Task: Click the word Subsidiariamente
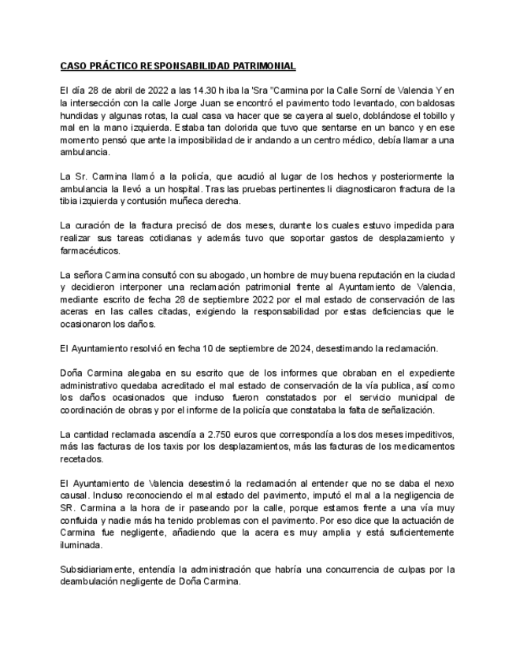point(99,569)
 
